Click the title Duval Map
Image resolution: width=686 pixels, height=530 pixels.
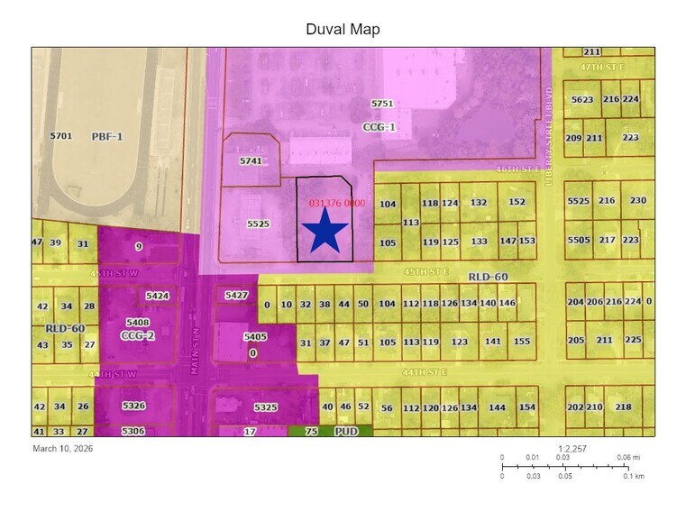pyautogui.click(x=343, y=30)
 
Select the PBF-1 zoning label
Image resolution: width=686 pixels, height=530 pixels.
pyautogui.click(x=107, y=136)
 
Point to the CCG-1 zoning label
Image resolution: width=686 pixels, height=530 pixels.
pyautogui.click(x=380, y=127)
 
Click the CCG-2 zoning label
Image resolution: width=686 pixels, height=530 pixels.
pyautogui.click(x=138, y=334)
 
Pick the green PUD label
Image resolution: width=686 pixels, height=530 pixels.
pyautogui.click(x=347, y=432)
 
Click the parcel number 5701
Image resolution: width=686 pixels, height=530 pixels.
pyautogui.click(x=61, y=136)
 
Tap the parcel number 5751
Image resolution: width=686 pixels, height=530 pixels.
pyautogui.click(x=383, y=105)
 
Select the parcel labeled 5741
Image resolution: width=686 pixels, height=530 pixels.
pyautogui.click(x=251, y=160)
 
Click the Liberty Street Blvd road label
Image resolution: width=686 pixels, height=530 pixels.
pyautogui.click(x=548, y=135)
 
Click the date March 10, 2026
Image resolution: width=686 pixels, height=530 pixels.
pyautogui.click(x=63, y=448)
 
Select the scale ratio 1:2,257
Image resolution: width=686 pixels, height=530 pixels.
pyautogui.click(x=572, y=448)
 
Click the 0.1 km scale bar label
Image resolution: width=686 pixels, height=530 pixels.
pyautogui.click(x=635, y=476)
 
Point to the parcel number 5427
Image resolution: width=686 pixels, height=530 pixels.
pyautogui.click(x=236, y=296)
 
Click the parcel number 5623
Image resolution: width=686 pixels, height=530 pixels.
pyautogui.click(x=582, y=99)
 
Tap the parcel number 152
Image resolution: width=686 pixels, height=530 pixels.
pyautogui.click(x=517, y=203)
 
